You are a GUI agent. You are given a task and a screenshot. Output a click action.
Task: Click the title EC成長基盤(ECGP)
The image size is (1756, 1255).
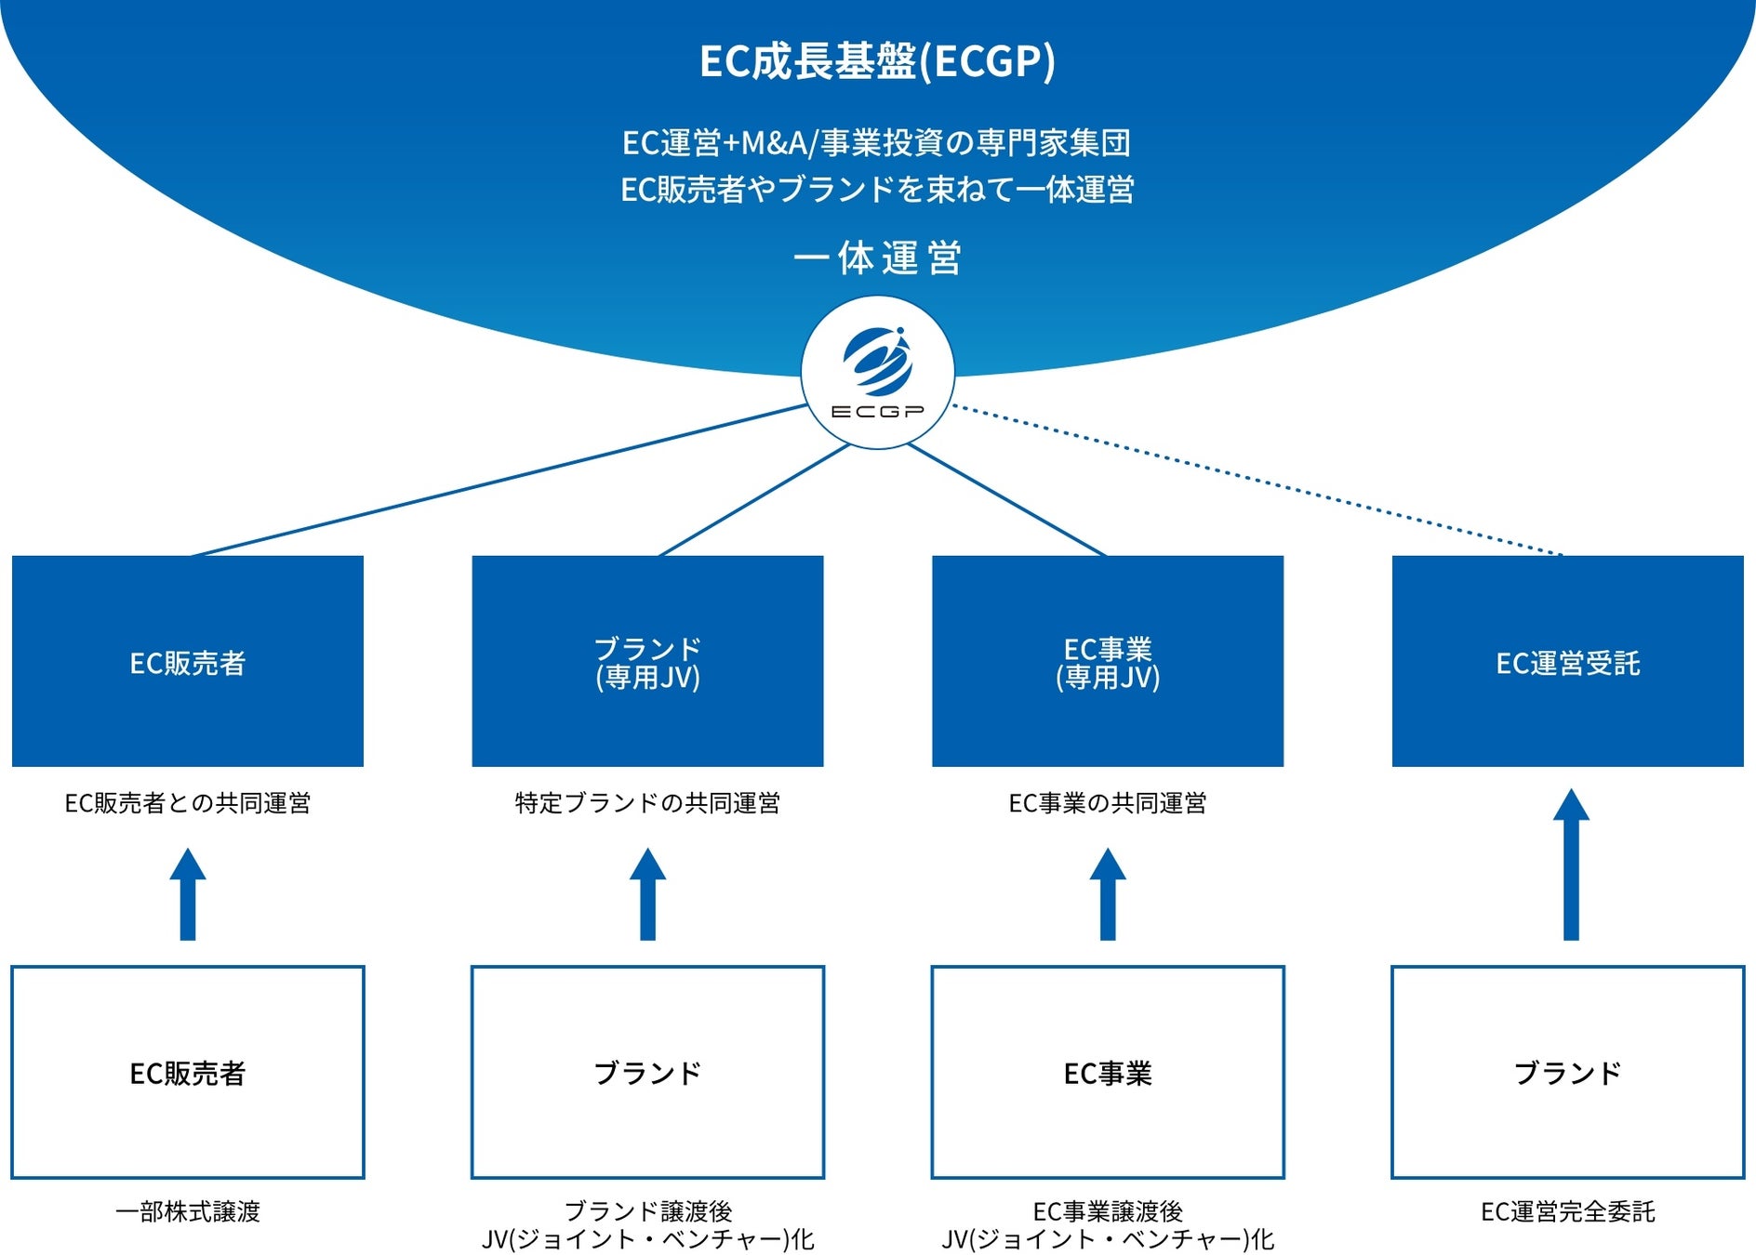[x=877, y=61]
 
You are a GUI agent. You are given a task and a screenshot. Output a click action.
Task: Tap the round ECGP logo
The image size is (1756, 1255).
[x=877, y=373]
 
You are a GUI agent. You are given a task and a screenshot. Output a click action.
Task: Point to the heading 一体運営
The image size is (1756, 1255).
[x=877, y=258]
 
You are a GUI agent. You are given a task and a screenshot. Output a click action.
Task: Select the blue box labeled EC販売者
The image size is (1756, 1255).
[x=187, y=661]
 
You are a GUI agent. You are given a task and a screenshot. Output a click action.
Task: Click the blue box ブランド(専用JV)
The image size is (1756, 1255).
[x=647, y=661]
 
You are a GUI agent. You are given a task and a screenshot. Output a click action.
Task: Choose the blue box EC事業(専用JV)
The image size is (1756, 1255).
[x=1107, y=661]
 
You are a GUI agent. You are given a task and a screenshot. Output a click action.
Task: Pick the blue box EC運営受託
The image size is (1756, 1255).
[x=1567, y=661]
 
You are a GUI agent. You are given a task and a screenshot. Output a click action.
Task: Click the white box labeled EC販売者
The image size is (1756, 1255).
[x=187, y=1072]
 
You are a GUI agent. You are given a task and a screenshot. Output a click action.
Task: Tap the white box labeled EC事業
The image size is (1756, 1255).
[x=1107, y=1072]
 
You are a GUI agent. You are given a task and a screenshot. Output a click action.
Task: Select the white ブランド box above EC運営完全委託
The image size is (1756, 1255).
[x=1567, y=1072]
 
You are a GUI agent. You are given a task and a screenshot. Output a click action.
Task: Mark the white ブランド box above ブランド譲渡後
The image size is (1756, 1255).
[x=647, y=1072]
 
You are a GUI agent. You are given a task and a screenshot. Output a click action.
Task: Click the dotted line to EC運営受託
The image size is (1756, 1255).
[x=1256, y=480]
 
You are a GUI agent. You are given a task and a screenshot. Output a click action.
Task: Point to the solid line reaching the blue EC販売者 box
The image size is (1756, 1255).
[x=498, y=480]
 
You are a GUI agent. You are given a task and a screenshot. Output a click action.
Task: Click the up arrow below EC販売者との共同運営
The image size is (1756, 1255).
[x=187, y=894]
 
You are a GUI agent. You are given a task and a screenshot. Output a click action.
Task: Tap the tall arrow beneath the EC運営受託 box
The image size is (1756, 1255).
[x=1571, y=865]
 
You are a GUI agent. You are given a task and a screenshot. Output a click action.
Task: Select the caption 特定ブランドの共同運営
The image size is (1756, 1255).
[x=647, y=803]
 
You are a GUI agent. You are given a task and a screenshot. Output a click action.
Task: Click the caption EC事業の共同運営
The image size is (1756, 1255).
[x=1107, y=803]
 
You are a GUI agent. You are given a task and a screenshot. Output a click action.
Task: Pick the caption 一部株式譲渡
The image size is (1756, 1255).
[x=187, y=1212]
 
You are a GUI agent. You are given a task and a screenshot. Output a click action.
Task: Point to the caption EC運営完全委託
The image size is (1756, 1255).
[x=1567, y=1212]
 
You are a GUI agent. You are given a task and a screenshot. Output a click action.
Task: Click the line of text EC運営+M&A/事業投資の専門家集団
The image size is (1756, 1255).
[x=877, y=143]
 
